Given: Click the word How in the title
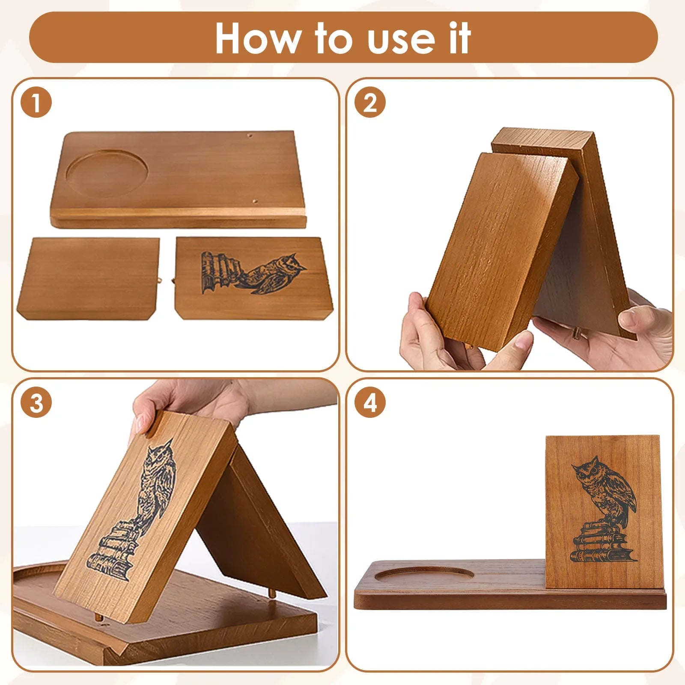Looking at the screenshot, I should (x=257, y=38).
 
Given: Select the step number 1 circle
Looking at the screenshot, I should (x=36, y=103).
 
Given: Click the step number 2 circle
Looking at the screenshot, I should (x=370, y=103).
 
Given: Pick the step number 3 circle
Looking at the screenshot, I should (x=36, y=403).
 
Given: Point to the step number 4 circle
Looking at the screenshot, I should (x=370, y=403).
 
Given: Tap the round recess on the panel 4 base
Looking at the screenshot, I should (x=424, y=575).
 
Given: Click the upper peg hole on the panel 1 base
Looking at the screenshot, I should (x=250, y=136).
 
